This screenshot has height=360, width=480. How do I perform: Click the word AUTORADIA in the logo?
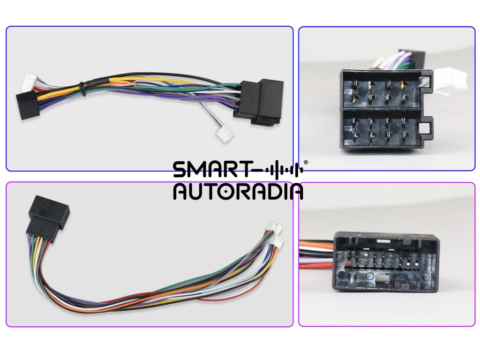tap(238, 191)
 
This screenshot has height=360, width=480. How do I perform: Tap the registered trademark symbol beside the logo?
tap(306, 162)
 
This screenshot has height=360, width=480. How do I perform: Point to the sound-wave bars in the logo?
tap(283, 170)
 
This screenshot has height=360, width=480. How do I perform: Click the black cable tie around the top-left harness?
tap(82, 89)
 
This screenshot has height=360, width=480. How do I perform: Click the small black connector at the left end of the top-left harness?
tap(27, 105)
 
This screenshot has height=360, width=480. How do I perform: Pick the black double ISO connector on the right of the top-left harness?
tap(259, 102)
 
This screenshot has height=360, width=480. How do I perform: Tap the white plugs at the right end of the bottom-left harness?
tap(275, 234)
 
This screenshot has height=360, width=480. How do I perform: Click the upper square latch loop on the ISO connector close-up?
tap(427, 77)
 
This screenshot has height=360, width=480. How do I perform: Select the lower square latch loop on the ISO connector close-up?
tap(427, 128)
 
